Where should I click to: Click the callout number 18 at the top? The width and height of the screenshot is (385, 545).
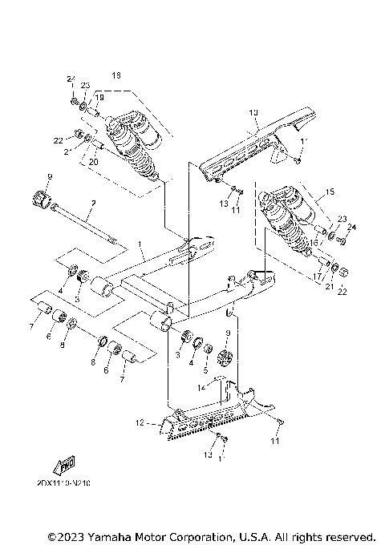coord(116,75)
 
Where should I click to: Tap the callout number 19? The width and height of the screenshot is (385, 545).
coord(100,97)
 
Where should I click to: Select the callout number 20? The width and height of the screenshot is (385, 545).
coord(93,160)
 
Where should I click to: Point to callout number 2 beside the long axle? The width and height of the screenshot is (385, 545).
coord(92,204)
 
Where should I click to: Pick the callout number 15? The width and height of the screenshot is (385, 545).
coord(327,193)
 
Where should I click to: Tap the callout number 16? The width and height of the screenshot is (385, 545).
coord(315,241)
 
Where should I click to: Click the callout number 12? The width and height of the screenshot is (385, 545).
coord(138,422)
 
